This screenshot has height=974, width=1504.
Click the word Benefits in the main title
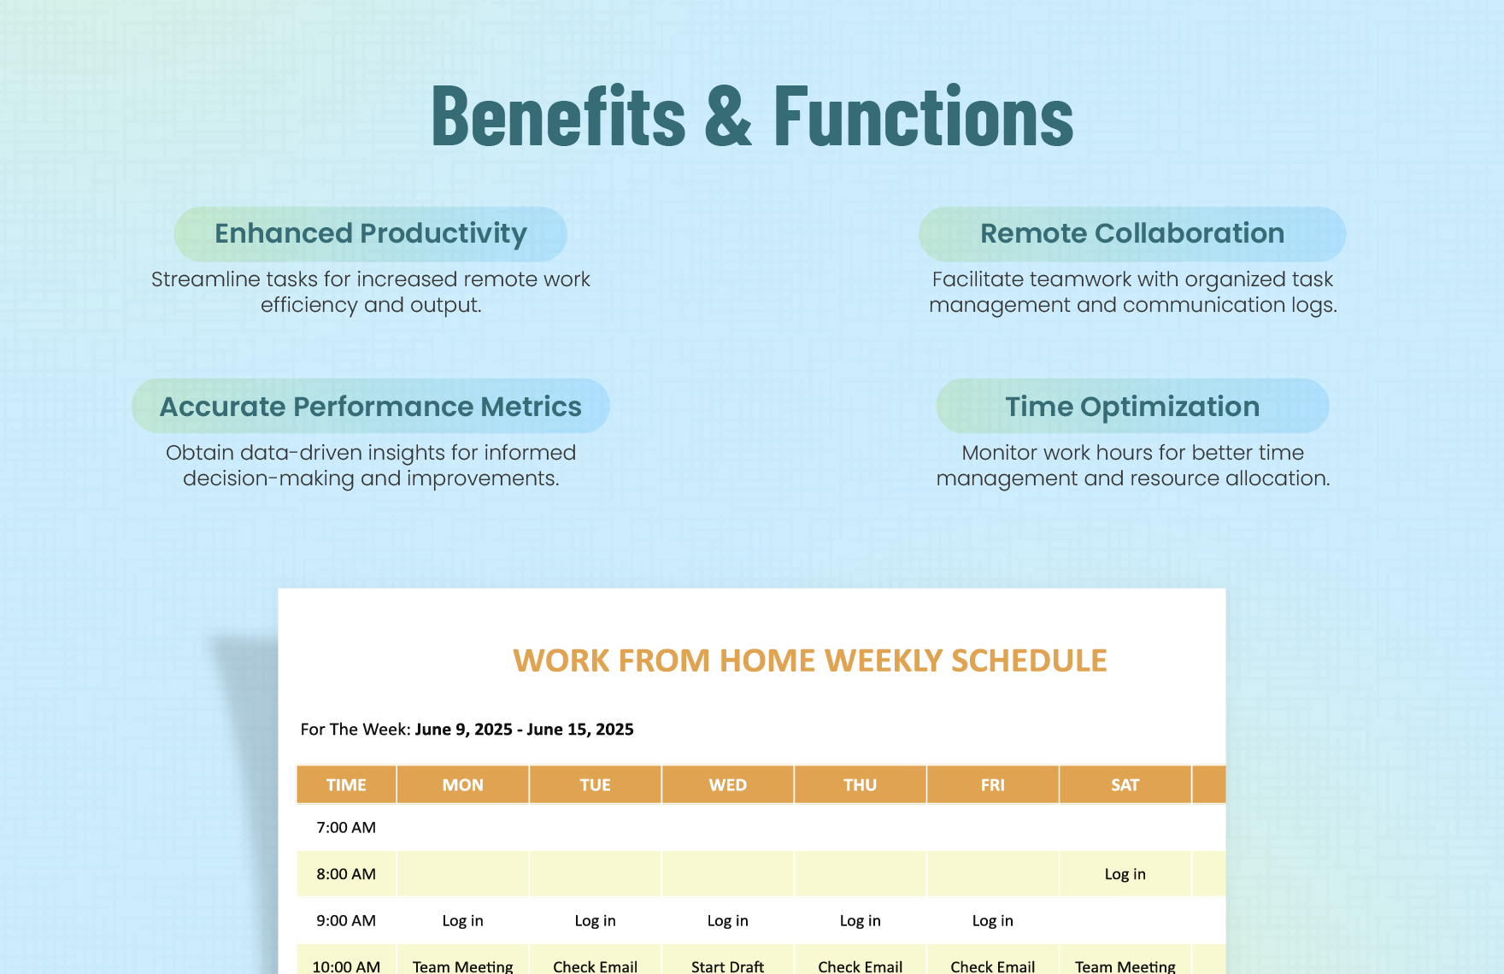click(558, 117)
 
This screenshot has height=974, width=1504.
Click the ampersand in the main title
click(728, 117)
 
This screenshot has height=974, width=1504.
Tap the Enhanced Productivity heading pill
click(370, 233)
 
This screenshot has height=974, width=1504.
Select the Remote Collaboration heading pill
click(1131, 233)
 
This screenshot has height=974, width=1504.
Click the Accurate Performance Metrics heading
click(370, 407)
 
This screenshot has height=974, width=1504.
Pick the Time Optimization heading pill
click(1131, 407)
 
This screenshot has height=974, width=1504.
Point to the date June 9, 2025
click(463, 729)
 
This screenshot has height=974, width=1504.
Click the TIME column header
click(346, 784)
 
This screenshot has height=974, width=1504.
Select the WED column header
click(727, 784)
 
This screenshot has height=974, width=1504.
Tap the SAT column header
click(1125, 784)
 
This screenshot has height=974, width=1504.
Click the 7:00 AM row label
click(346, 827)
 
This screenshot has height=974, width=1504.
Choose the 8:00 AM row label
click(346, 874)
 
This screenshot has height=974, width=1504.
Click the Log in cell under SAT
click(1125, 874)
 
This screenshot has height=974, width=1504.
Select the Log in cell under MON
click(462, 920)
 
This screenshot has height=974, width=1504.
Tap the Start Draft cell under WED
click(727, 965)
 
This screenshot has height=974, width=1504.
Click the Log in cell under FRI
click(992, 920)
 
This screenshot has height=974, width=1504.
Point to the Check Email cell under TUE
click(595, 965)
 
